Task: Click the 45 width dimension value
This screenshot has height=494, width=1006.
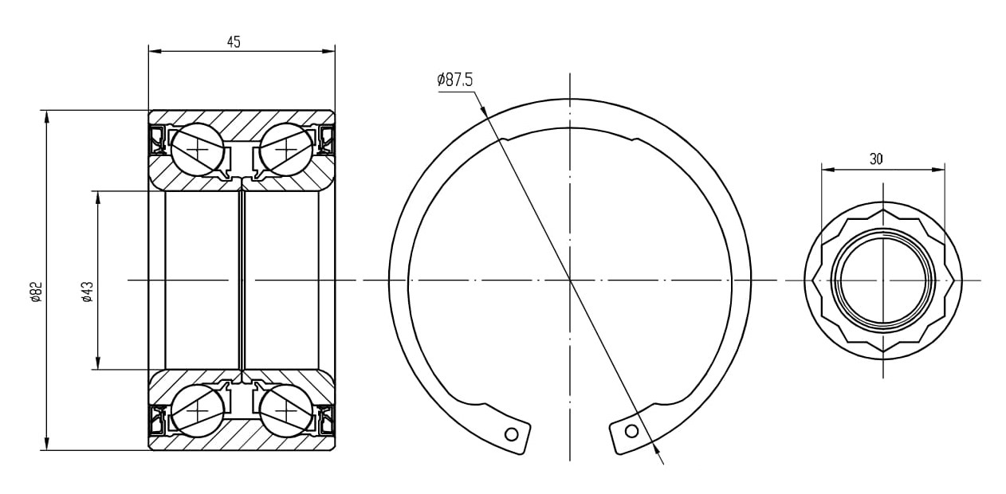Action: coord(234,41)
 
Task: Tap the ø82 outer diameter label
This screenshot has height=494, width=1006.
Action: coord(37,292)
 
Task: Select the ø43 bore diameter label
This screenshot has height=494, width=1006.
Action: coord(88,292)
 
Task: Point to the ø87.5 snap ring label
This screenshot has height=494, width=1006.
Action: coord(455,80)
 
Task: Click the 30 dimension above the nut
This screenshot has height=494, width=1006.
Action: coord(876,159)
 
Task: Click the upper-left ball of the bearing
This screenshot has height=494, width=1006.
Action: coord(197,150)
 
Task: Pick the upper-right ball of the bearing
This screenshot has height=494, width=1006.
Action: coord(286,150)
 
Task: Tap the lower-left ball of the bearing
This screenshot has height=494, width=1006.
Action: coord(197,411)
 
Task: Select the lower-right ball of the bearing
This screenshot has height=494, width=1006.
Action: coord(286,411)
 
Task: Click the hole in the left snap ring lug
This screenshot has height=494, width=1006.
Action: coord(512,433)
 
